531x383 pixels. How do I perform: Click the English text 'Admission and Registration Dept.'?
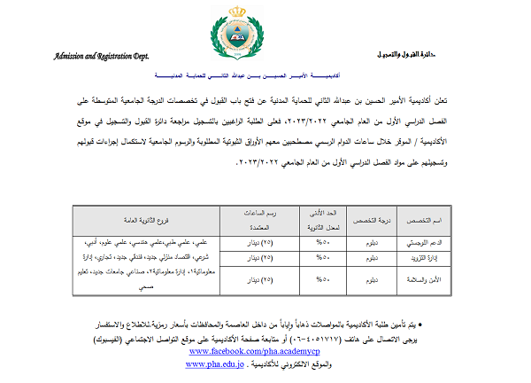[101, 55]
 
